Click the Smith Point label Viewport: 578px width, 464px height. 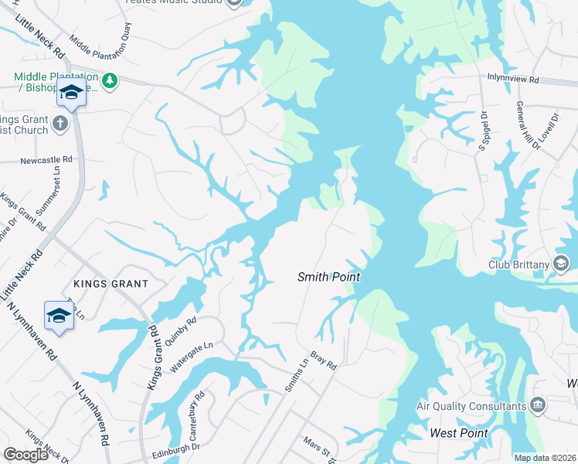(329, 277)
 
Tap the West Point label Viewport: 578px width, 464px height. (459, 433)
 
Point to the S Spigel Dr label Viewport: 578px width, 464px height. (483, 131)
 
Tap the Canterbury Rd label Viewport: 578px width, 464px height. (196, 409)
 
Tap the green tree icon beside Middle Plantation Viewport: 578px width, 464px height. (110, 80)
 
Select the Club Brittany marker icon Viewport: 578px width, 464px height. (562, 265)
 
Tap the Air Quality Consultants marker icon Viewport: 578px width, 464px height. (537, 405)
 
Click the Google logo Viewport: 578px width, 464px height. (26, 455)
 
